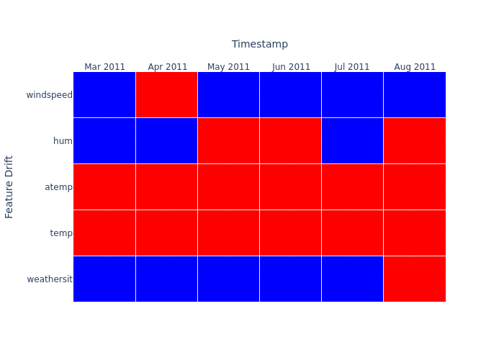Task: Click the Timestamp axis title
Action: [259, 44]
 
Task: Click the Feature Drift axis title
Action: [9, 186]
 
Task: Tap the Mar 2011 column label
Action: [104, 67]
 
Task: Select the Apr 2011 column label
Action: [167, 67]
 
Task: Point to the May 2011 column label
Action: [228, 67]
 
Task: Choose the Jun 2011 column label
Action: [291, 67]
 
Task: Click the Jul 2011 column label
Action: [352, 67]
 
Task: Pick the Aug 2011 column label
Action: [415, 67]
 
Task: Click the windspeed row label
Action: [49, 95]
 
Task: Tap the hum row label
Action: [63, 141]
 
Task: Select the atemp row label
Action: [58, 187]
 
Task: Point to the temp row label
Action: [61, 233]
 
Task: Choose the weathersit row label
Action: [50, 279]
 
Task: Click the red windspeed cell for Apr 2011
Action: [166, 94]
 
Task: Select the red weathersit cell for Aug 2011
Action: [414, 279]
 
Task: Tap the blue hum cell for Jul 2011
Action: [352, 140]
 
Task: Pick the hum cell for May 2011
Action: [228, 140]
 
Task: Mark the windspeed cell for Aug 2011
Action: [414, 94]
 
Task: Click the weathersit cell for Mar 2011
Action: [104, 279]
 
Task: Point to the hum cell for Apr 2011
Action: [166, 140]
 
